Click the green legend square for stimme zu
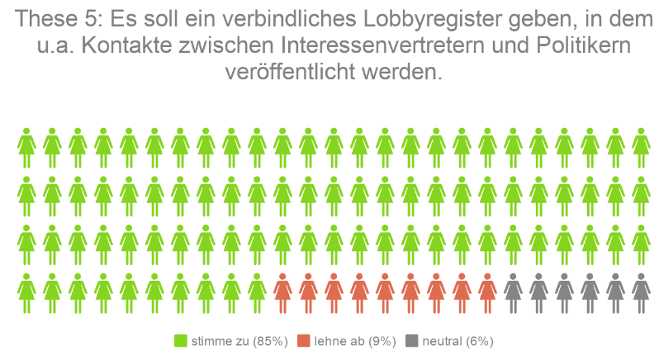tap(181, 341)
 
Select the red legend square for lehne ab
tap(304, 341)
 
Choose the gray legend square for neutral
tap(411, 341)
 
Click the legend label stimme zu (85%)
tap(239, 341)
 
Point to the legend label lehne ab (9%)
tap(355, 341)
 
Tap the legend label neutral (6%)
tap(457, 341)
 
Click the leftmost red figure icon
tap(282, 292)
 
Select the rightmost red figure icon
tap(487, 292)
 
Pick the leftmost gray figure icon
tap(513, 292)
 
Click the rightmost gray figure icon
tap(641, 292)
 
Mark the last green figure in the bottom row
tap(257, 292)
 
